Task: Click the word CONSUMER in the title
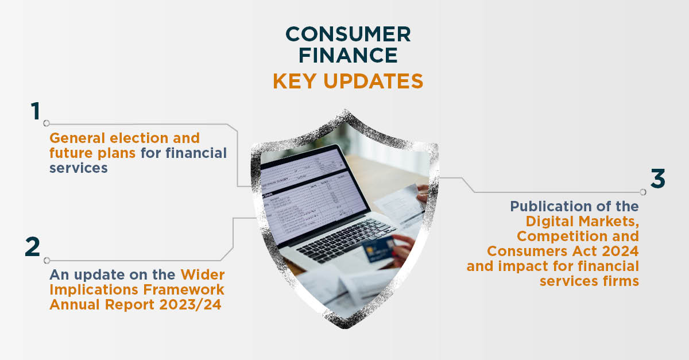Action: (x=348, y=34)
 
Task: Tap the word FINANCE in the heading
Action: (x=348, y=55)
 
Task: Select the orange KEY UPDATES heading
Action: (x=348, y=81)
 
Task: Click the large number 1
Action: (x=36, y=111)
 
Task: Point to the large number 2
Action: (x=33, y=246)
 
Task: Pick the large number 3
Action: (x=658, y=179)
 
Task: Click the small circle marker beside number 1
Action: (x=47, y=123)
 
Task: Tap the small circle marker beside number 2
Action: (x=47, y=261)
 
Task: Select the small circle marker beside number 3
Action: (x=643, y=192)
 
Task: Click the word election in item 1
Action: (x=139, y=138)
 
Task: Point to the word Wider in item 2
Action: (x=202, y=275)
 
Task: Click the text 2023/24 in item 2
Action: (x=191, y=305)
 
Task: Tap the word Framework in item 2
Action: (x=184, y=289)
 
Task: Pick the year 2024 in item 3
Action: (x=620, y=251)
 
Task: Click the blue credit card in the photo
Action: (x=378, y=248)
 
